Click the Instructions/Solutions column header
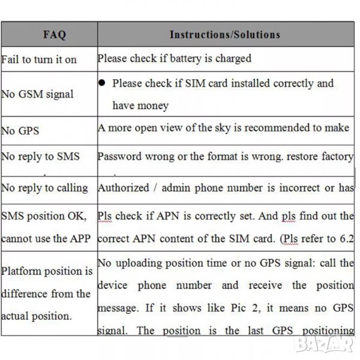[x=224, y=34]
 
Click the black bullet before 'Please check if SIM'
[x=103, y=83]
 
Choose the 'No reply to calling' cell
[x=44, y=188]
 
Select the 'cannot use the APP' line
[x=46, y=239]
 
